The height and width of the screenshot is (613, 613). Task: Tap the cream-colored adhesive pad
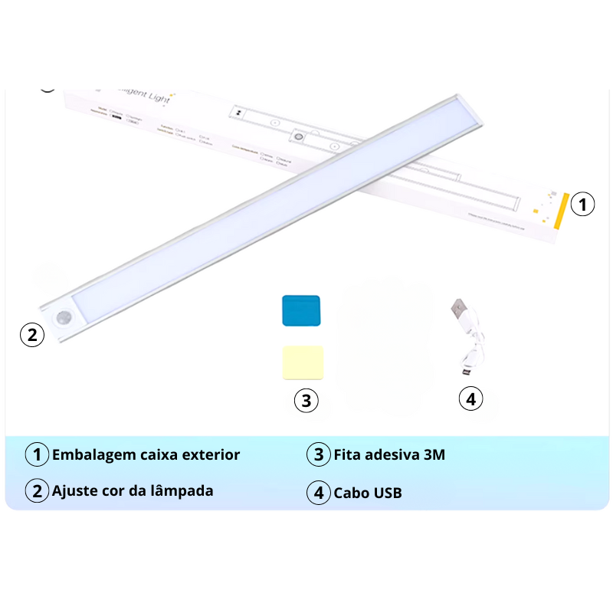[303, 362]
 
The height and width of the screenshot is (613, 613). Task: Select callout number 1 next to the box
[583, 205]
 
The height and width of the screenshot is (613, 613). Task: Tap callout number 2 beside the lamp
[31, 334]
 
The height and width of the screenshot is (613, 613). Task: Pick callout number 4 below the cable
[471, 398]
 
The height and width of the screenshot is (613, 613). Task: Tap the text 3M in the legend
[434, 454]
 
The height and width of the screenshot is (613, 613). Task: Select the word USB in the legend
[387, 493]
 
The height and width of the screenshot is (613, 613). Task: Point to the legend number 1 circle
[37, 454]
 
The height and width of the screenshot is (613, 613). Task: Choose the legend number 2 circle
[37, 491]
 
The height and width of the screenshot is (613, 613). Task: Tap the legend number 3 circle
[319, 454]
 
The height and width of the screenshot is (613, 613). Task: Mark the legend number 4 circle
[319, 493]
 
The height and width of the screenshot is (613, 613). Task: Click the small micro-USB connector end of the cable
[464, 373]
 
